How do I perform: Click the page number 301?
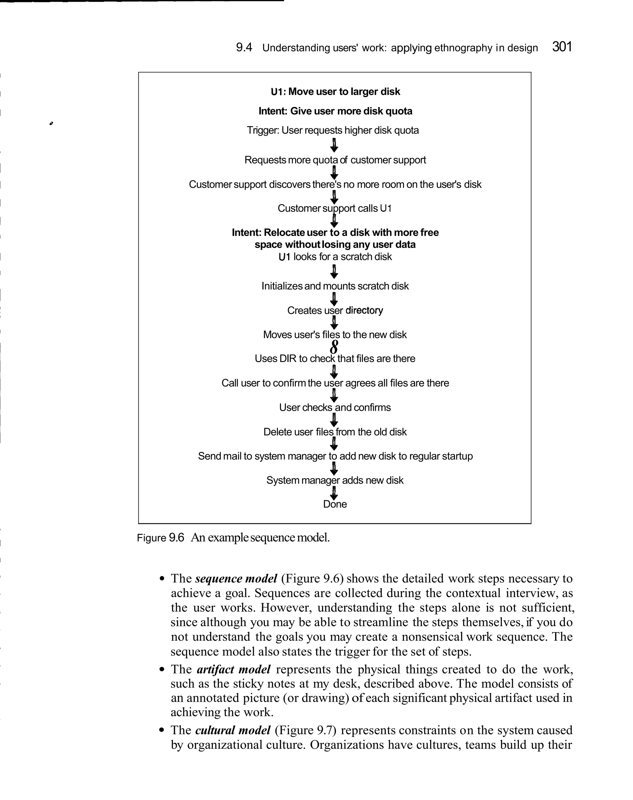pyautogui.click(x=562, y=47)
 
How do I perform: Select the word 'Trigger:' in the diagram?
pyautogui.click(x=263, y=130)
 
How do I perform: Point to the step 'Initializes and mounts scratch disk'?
pyautogui.click(x=335, y=286)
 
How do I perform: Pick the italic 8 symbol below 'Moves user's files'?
pyautogui.click(x=334, y=347)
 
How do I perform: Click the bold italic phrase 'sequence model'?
pyautogui.click(x=236, y=579)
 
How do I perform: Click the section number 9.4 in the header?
pyautogui.click(x=244, y=48)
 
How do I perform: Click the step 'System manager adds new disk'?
pyautogui.click(x=335, y=481)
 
